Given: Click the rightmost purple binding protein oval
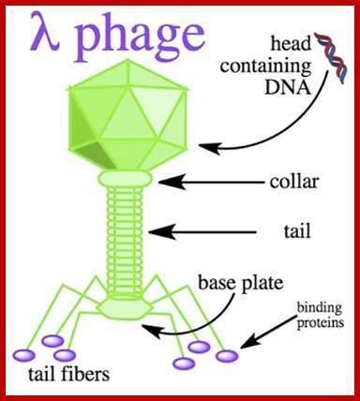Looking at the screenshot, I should pos(227,356).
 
